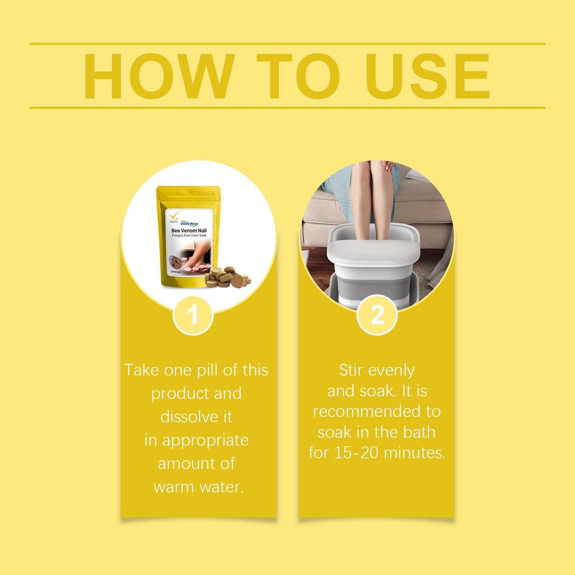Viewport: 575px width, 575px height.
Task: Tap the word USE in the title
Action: point(428,76)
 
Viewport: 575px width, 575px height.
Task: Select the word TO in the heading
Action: point(298,76)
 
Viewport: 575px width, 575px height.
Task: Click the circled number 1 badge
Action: point(193,316)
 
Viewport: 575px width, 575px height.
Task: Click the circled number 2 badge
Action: point(377,316)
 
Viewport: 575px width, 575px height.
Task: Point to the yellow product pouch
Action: point(188,237)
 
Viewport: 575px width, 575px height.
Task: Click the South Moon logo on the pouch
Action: point(189,224)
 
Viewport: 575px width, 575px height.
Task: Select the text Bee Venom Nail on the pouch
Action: point(189,231)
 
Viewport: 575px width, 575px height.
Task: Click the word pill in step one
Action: point(208,370)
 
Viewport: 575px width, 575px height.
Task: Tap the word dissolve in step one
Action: point(189,417)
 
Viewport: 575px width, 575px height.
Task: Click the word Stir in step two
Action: point(351,370)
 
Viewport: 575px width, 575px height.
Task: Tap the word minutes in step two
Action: point(414,453)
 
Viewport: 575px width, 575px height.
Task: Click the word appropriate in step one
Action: point(205,441)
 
